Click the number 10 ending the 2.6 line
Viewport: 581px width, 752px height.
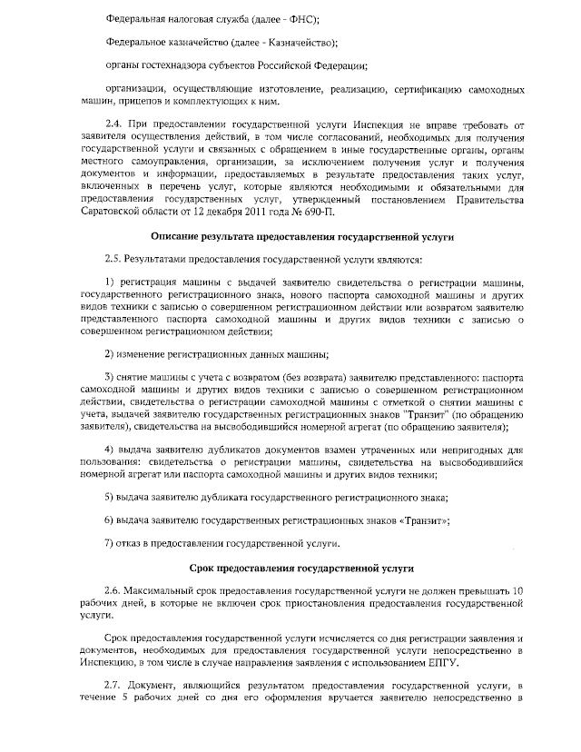(517, 591)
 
